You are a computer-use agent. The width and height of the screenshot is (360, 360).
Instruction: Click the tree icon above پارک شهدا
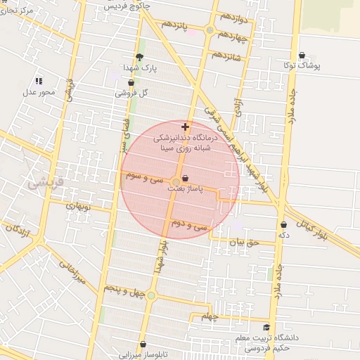tap(139, 57)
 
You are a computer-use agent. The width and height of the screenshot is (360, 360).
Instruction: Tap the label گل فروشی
tap(134, 93)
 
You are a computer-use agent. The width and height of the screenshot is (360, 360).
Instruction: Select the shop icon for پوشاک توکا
tap(302, 55)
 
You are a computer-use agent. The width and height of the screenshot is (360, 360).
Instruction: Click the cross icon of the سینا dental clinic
tap(185, 127)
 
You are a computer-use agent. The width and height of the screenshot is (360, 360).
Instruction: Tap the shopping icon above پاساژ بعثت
tap(185, 179)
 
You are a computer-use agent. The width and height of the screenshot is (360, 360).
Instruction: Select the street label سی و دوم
tap(189, 226)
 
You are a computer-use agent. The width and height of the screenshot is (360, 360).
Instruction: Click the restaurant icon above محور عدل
tap(39, 81)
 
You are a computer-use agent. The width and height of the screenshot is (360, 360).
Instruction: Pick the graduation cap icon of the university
tap(266, 328)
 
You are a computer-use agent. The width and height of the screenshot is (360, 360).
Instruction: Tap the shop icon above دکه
tap(283, 224)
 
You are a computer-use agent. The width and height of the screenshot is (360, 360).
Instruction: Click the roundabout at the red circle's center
tap(175, 183)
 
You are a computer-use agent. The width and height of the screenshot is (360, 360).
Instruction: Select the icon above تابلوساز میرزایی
tap(143, 344)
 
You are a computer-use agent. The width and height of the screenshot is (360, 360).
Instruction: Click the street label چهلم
tap(210, 316)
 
